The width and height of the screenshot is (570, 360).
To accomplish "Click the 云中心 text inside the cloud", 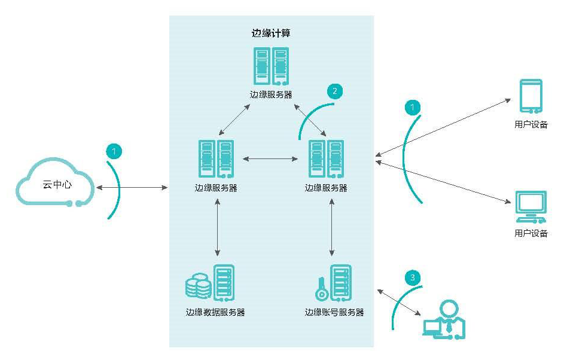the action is [x=57, y=185].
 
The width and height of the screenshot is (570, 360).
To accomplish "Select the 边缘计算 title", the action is [x=271, y=33].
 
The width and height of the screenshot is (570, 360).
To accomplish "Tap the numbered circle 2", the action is [x=334, y=91].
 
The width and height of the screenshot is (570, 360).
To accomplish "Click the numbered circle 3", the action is [x=413, y=278].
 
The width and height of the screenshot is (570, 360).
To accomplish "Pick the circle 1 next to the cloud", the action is [x=114, y=151].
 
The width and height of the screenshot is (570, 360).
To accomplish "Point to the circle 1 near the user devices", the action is [x=412, y=107].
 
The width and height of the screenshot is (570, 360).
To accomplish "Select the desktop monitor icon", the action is [x=531, y=206].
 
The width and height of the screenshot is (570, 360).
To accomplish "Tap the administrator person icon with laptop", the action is [x=444, y=320].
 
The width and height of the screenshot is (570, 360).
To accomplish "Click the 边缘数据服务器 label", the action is [x=215, y=312].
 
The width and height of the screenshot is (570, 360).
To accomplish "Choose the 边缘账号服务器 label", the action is [x=334, y=312].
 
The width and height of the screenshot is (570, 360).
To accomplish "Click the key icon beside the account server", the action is [x=322, y=289].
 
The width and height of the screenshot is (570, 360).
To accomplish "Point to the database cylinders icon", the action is [x=198, y=286].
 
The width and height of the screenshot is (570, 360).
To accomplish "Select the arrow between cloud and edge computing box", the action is [x=132, y=188].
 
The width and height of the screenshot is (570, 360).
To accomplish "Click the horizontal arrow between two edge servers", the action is [x=270, y=159].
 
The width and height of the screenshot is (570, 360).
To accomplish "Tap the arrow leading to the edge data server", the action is [x=217, y=227].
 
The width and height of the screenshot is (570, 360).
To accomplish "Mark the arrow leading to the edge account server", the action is [x=331, y=227].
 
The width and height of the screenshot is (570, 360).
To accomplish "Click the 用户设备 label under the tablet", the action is [x=531, y=124].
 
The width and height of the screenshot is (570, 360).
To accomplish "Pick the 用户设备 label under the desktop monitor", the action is [x=531, y=233].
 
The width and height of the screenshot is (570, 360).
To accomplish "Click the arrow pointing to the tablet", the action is [x=443, y=127].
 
